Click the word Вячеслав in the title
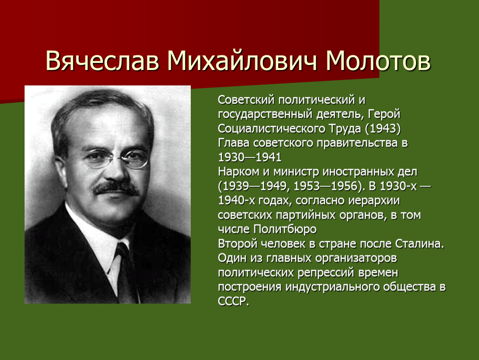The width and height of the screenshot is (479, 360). pos(102,60)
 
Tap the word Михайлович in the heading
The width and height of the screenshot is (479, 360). pos(242,60)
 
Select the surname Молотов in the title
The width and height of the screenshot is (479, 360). pos(378,60)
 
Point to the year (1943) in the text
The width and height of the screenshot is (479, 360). pos(383,129)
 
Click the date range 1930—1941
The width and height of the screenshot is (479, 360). pos(249,157)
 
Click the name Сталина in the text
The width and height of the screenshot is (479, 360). pos(419,244)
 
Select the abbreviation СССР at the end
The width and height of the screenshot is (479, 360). pos(233,301)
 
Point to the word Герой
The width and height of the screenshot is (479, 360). pos(384,114)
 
